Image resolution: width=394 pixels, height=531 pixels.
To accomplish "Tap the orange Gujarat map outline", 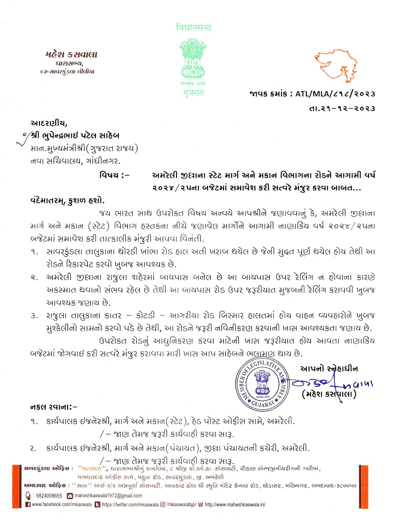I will coord(336,66).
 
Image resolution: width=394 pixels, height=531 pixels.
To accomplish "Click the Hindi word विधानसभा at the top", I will coord(193,27).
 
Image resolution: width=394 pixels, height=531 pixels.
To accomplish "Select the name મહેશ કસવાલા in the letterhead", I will coord(71,54).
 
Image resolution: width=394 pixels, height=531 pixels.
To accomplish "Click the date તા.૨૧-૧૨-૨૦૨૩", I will coord(342,109).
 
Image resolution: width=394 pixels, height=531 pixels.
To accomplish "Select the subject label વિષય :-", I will coord(115,175).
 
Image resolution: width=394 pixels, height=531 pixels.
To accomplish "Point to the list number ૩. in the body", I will coord(34,316).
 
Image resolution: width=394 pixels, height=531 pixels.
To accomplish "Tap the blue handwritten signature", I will coord(332,384).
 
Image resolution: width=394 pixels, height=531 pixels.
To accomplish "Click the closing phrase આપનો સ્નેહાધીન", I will coord(329,368).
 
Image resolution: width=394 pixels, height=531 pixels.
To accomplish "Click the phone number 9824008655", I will coord(49,496).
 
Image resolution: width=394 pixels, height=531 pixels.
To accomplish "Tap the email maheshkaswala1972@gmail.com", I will coord(108,496).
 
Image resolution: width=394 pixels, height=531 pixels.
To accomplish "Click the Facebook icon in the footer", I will coord(28,504).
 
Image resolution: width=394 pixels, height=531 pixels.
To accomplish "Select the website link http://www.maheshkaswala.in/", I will coord(235,504).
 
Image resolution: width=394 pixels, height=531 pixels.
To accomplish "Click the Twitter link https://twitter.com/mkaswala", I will coord(130,504).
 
